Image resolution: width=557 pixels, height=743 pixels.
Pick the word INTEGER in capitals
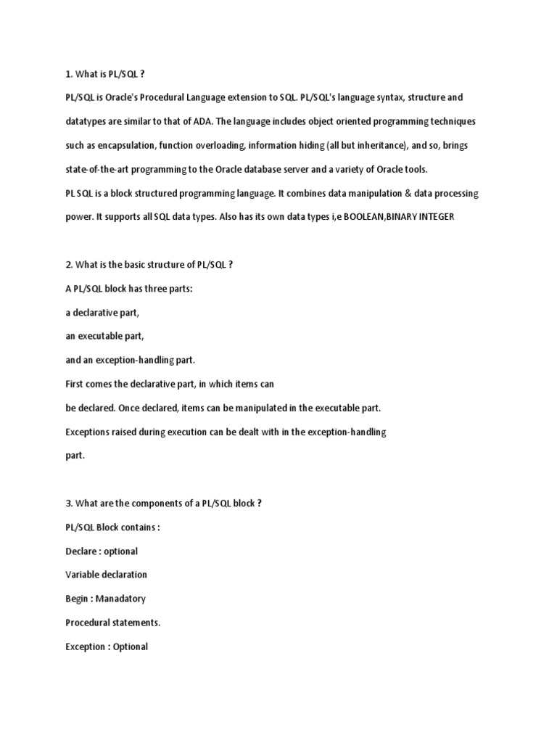pos(434,217)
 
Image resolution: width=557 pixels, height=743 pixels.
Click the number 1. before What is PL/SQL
pos(70,73)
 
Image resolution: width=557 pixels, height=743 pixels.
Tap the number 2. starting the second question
pos(70,265)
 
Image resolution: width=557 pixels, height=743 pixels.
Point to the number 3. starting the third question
pos(70,504)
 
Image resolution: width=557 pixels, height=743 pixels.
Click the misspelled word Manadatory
pos(122,599)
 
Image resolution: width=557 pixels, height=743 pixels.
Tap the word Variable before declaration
pos(84,575)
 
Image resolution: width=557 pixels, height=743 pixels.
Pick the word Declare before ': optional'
pos(81,551)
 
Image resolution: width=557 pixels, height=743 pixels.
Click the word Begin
pos(78,599)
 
